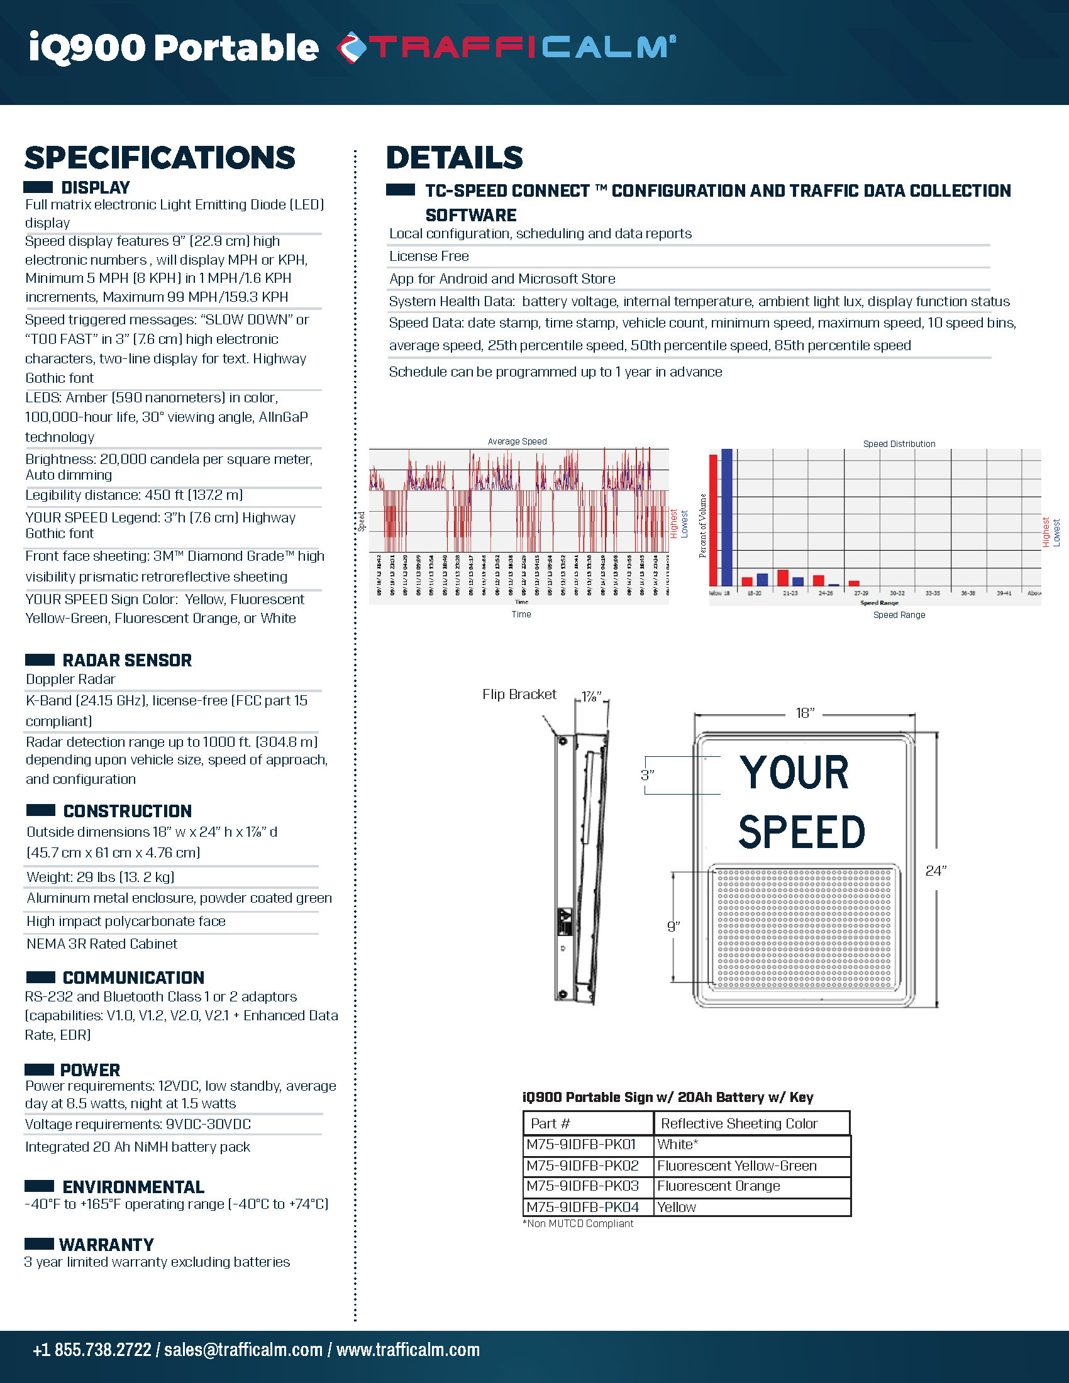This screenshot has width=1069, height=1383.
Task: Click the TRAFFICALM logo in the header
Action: click(x=507, y=48)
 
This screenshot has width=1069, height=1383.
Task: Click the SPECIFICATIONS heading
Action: click(x=160, y=158)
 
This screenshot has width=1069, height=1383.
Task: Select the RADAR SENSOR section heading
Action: click(x=126, y=660)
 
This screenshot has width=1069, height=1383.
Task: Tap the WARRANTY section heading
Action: click(x=106, y=1244)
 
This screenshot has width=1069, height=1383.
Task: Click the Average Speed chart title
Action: click(x=517, y=441)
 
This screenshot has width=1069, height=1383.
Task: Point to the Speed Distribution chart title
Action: click(x=899, y=444)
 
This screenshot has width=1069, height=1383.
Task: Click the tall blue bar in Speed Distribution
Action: click(x=726, y=517)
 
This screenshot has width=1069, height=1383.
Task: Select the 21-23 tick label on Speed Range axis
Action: click(x=790, y=593)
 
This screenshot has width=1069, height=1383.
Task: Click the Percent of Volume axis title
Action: click(x=702, y=526)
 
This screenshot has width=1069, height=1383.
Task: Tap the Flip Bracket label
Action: click(x=519, y=694)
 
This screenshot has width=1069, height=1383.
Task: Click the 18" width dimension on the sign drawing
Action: click(x=804, y=713)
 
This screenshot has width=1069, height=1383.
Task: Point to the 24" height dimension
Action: click(x=936, y=871)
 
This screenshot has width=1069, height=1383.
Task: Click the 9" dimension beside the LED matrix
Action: click(x=673, y=927)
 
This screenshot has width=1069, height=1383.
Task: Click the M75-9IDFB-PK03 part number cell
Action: click(x=583, y=1186)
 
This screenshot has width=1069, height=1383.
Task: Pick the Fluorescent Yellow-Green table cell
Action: click(x=736, y=1165)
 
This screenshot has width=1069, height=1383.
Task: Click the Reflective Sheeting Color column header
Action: click(x=739, y=1123)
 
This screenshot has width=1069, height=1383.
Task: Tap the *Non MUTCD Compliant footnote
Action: click(x=577, y=1223)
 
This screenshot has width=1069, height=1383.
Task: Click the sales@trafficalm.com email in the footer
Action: click(x=243, y=1350)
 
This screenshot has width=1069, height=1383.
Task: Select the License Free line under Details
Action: click(x=429, y=256)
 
